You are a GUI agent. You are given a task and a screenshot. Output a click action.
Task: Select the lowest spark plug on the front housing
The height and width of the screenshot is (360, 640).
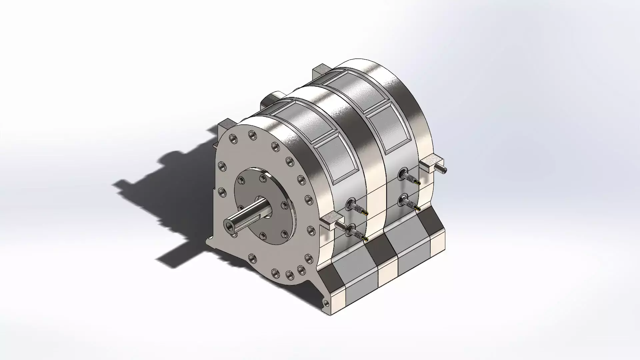(x=356, y=232)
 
